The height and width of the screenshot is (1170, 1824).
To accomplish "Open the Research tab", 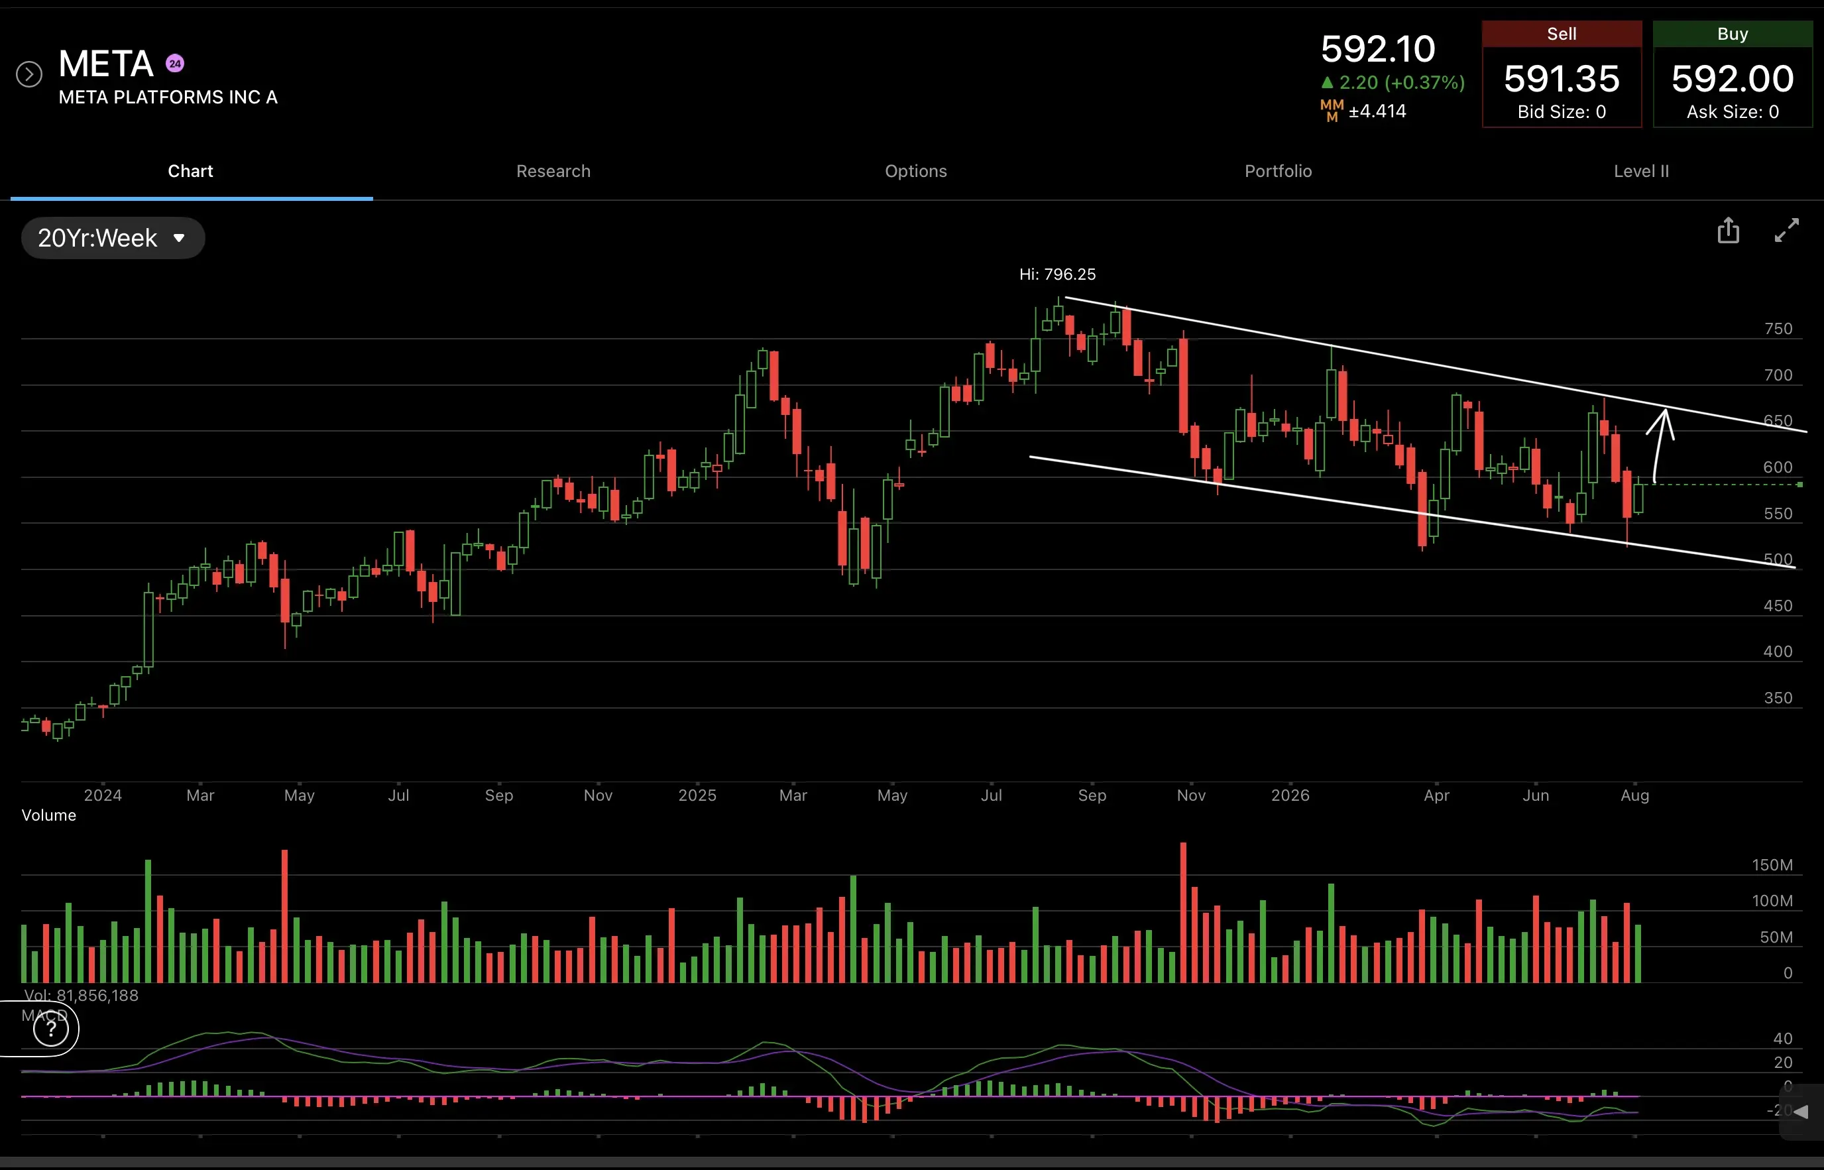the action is point(553,171).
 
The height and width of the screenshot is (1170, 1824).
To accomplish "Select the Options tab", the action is point(915,171).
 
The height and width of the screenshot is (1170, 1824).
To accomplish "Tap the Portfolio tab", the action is point(1278,171).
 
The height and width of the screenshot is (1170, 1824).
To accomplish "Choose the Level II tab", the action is point(1641,171).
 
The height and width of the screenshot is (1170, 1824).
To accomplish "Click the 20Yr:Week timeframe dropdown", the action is point(113,238).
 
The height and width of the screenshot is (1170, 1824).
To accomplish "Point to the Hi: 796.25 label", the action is point(1056,274).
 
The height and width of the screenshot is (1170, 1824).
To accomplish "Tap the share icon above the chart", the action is point(1729,230).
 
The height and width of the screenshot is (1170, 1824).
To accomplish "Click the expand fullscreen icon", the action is point(1786,230).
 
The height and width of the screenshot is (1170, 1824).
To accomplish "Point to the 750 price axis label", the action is point(1778,329).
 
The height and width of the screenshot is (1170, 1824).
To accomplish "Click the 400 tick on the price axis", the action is point(1778,652).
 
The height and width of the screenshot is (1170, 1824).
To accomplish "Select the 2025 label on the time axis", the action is point(697,795).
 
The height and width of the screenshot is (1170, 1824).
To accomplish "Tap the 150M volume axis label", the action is point(1772,865).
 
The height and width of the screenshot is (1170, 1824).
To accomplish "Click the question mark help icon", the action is point(51,1029).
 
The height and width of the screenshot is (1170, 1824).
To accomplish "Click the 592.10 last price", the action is point(1377,49).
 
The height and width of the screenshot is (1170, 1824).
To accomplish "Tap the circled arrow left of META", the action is point(29,74).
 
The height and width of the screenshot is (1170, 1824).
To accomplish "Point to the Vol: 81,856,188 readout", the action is point(80,995).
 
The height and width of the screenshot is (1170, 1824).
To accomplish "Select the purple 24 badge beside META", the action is point(175,64).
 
